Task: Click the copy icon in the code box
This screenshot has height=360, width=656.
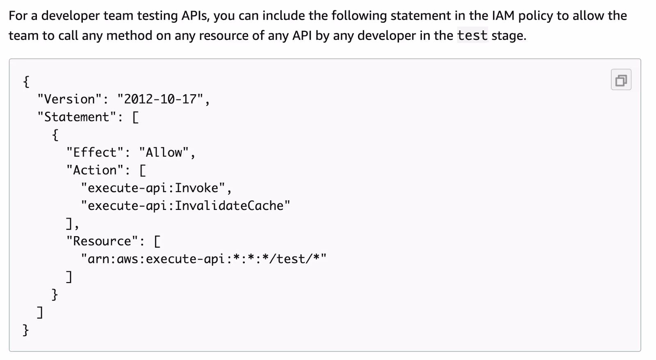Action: pyautogui.click(x=621, y=80)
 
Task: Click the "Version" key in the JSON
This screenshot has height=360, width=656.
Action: pyautogui.click(x=69, y=99)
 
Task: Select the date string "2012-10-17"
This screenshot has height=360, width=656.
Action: pyautogui.click(x=160, y=99)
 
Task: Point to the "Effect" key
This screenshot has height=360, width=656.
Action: pyautogui.click(x=95, y=153)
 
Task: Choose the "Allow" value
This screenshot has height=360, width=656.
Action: pyautogui.click(x=164, y=153)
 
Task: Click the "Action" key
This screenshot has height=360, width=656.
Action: pyautogui.click(x=95, y=170)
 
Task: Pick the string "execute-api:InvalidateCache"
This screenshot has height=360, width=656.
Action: pyautogui.click(x=185, y=206)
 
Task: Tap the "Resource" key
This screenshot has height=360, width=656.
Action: pyautogui.click(x=102, y=241)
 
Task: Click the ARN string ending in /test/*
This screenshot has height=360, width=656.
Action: pyautogui.click(x=203, y=259)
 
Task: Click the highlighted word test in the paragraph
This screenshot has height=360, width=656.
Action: pyautogui.click(x=472, y=36)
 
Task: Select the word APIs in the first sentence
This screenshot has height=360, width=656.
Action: pyautogui.click(x=195, y=16)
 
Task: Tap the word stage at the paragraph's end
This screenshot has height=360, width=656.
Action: pyautogui.click(x=508, y=36)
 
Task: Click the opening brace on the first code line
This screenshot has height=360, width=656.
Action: pyautogui.click(x=26, y=82)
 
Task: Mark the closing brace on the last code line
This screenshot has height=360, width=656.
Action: pyautogui.click(x=26, y=330)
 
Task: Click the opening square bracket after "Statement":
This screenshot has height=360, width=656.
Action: pyautogui.click(x=135, y=117)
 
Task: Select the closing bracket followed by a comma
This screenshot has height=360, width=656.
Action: pyautogui.click(x=69, y=223)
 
